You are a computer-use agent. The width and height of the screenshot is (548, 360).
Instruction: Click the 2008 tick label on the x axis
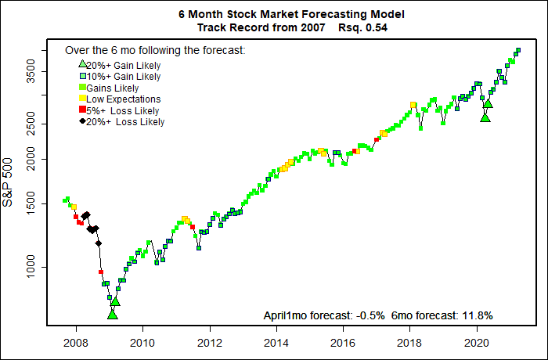75,342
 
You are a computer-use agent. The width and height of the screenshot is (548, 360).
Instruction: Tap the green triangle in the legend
82,65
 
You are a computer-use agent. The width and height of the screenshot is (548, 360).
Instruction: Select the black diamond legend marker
82,121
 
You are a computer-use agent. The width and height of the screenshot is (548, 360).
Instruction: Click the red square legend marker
82,110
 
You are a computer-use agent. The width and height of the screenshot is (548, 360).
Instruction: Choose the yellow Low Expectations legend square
82,99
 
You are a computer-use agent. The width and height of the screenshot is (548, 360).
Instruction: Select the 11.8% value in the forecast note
478,315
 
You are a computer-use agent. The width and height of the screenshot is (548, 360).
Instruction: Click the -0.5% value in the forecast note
367,315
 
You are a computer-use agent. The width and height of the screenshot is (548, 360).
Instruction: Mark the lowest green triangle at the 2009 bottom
112,314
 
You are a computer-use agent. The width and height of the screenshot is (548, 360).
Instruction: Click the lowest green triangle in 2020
485,117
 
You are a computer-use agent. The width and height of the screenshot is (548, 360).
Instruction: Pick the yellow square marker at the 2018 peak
413,105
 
